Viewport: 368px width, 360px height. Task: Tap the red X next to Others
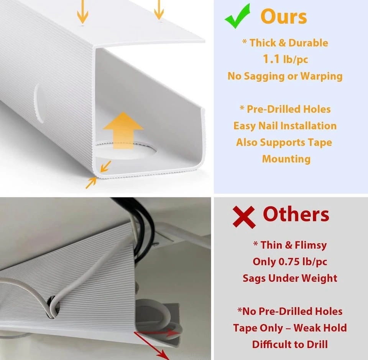pyautogui.click(x=244, y=217)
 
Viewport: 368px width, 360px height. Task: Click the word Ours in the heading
pyautogui.click(x=284, y=17)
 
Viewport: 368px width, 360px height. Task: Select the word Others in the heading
pyautogui.click(x=296, y=214)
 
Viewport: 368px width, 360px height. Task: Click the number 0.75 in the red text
pyautogui.click(x=289, y=261)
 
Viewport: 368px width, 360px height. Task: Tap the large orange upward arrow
pyautogui.click(x=123, y=130)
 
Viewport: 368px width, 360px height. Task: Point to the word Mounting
pyautogui.click(x=286, y=159)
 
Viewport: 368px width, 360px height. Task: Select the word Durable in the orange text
pyautogui.click(x=308, y=43)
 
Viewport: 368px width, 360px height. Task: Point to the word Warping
pyautogui.click(x=321, y=76)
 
